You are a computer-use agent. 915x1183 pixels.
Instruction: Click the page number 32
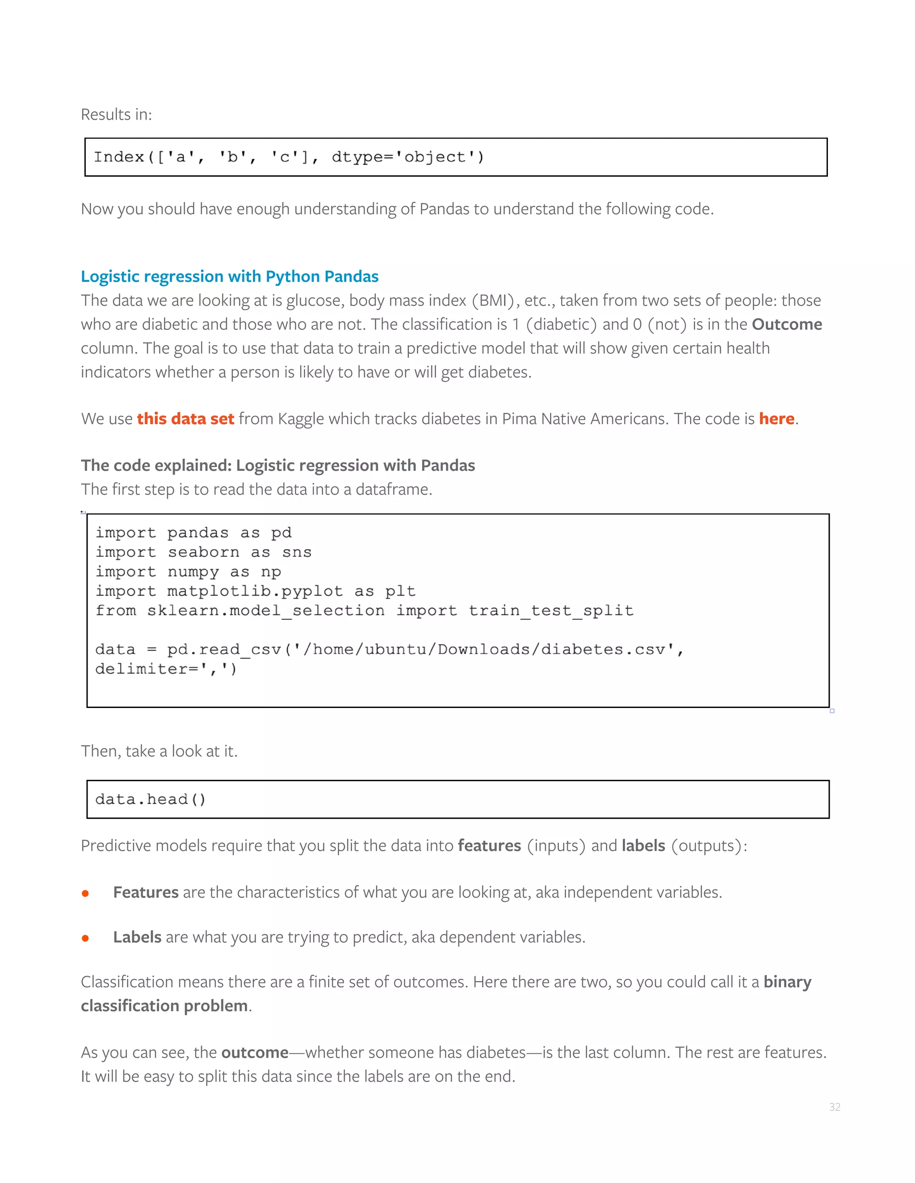point(834,1107)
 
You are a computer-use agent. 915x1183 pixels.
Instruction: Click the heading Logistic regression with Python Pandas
point(229,276)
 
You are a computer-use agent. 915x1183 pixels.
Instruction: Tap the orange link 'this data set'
point(185,419)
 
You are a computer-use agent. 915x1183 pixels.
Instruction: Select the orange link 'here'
point(776,419)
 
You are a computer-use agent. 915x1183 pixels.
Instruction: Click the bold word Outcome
point(786,325)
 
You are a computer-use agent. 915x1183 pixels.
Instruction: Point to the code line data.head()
point(151,800)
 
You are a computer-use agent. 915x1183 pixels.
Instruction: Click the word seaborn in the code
point(203,553)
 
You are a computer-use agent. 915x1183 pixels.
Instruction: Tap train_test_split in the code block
point(551,611)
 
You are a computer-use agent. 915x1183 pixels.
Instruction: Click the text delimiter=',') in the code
point(166,670)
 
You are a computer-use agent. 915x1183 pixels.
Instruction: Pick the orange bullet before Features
point(85,894)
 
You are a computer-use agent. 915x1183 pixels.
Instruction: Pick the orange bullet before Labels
point(85,938)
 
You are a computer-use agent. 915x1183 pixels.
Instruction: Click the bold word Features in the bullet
point(146,893)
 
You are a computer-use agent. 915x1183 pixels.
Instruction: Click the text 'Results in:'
point(116,115)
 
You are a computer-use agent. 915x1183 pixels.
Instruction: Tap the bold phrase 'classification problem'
point(164,1006)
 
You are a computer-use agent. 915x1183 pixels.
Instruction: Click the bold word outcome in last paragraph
point(255,1053)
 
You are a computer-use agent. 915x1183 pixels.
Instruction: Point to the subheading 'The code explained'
point(277,465)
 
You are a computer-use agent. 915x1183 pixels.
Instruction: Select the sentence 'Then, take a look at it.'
point(159,751)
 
